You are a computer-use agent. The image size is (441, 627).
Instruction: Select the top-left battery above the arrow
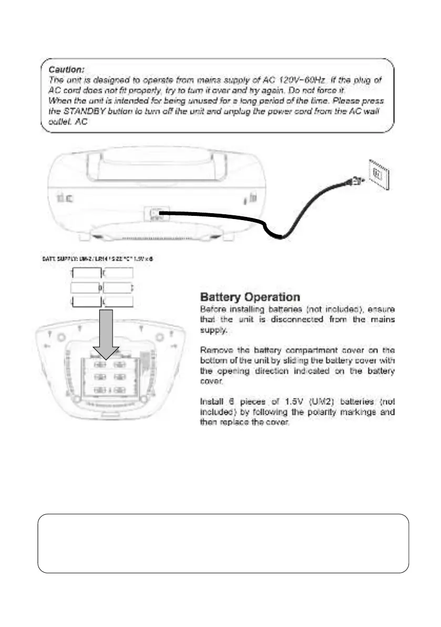coord(87,274)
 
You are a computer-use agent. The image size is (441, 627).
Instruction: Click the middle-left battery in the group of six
coord(86,287)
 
